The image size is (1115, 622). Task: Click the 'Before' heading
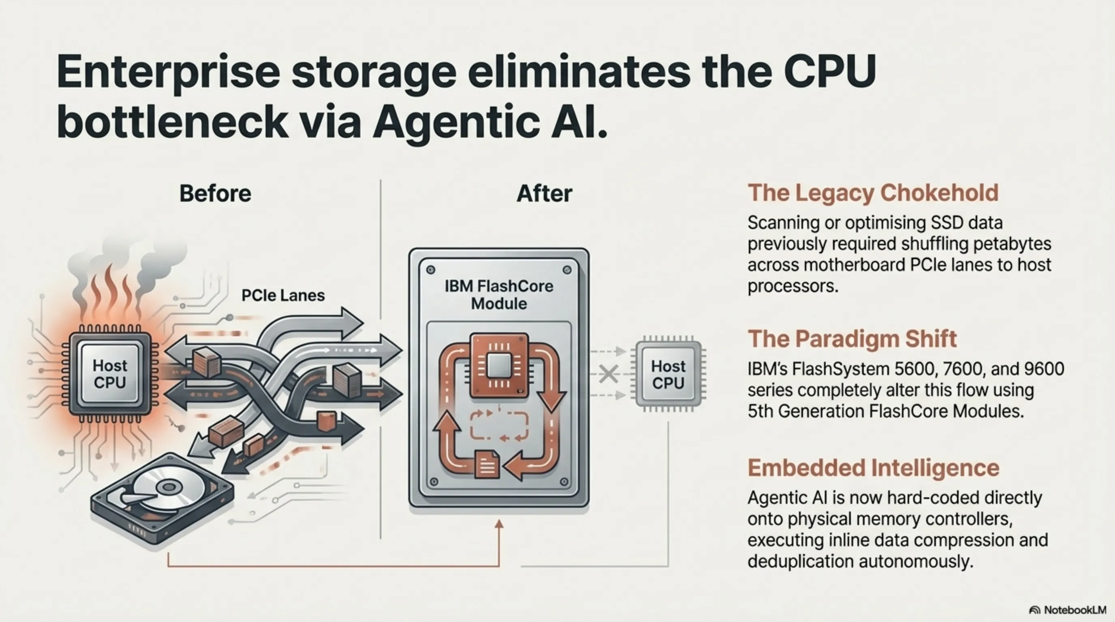tap(215, 193)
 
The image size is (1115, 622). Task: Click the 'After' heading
tap(544, 193)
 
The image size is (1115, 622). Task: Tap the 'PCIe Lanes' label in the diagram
tap(283, 296)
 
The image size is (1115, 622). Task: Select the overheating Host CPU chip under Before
tap(110, 374)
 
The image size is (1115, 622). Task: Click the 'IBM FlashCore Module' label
tap(499, 294)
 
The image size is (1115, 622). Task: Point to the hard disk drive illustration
tap(162, 497)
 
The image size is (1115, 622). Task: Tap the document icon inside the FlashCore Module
tap(487, 464)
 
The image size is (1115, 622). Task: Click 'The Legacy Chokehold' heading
tap(873, 193)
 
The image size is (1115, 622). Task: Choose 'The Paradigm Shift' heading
tap(852, 339)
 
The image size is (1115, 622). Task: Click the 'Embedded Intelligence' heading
tap(873, 468)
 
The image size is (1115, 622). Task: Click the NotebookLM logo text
tap(1075, 610)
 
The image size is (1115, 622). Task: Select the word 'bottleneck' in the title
tap(172, 121)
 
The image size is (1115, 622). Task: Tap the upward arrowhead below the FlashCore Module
tap(499, 524)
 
